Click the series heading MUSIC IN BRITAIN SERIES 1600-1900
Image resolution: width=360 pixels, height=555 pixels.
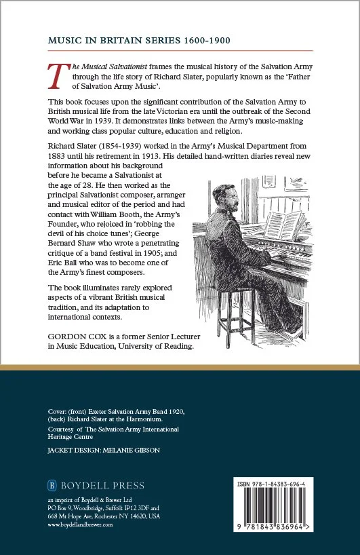(139, 41)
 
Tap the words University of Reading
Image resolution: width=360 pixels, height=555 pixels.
(158, 346)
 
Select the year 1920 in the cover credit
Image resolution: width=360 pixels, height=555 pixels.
(174, 411)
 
